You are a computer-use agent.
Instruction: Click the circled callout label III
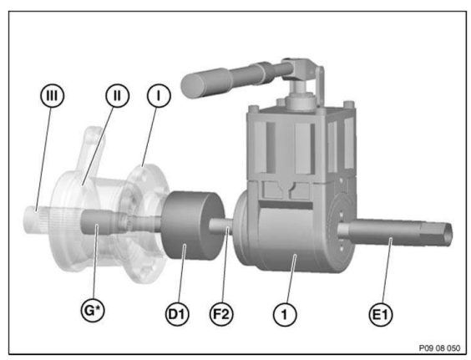point(53,95)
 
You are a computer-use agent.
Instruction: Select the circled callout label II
point(117,95)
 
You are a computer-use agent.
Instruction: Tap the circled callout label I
point(159,95)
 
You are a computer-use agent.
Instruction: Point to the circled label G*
point(94,310)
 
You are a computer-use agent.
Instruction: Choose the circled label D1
point(177,314)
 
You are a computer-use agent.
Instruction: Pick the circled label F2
point(221,314)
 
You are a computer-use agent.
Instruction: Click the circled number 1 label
point(285,315)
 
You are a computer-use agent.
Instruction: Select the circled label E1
point(380,315)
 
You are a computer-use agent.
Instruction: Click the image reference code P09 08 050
point(439,348)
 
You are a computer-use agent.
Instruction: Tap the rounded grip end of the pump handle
point(192,85)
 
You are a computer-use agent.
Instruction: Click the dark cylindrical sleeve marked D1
point(193,226)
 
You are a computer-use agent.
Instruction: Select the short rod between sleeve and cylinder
point(220,226)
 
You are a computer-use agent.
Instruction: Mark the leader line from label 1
point(291,279)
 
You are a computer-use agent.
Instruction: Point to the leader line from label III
point(43,159)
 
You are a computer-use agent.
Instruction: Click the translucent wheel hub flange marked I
point(147,224)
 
